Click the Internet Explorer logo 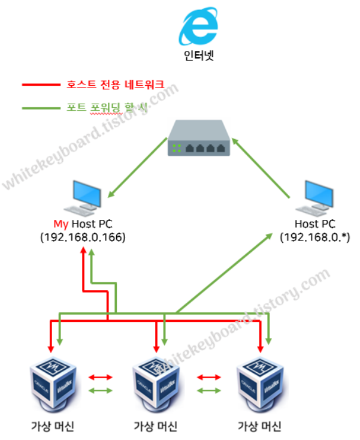pyautogui.click(x=200, y=26)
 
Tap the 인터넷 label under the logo pyautogui.click(x=200, y=58)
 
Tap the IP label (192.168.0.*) pyautogui.click(x=315, y=237)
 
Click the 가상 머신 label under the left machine pyautogui.click(x=53, y=427)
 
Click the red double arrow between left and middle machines pyautogui.click(x=101, y=377)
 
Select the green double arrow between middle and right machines pyautogui.click(x=209, y=391)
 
